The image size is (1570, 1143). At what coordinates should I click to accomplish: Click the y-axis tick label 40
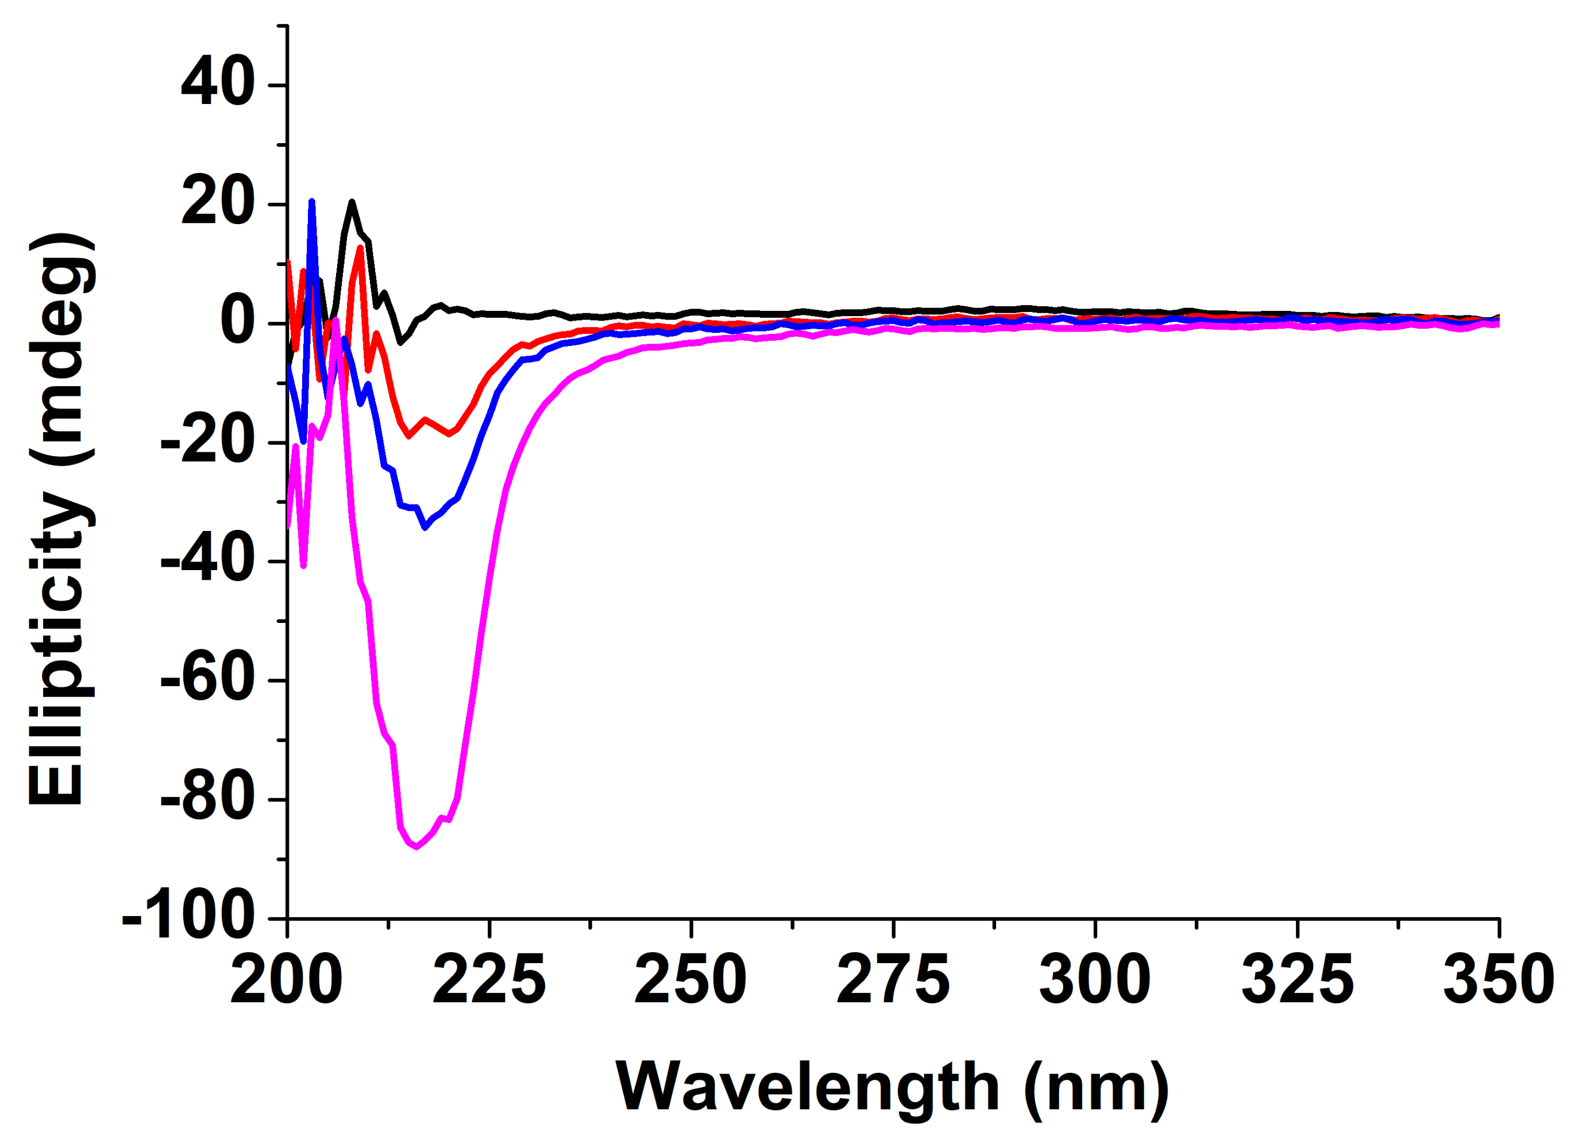(217, 84)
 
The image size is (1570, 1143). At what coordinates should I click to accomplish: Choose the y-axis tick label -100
(188, 919)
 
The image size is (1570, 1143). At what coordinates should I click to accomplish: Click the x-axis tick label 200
(286, 980)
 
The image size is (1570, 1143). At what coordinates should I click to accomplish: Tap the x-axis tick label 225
(489, 980)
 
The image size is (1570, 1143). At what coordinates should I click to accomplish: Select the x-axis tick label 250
(691, 980)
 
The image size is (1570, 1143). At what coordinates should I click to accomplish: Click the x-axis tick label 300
(1095, 980)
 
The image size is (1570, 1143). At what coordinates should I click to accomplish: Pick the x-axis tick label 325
(1297, 980)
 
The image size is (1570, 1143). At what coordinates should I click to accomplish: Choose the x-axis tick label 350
(1499, 980)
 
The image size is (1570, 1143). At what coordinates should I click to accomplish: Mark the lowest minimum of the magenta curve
(416, 846)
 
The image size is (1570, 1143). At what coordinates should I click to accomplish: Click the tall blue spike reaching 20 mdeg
(312, 202)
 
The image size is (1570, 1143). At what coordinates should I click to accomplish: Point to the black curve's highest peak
(352, 202)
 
